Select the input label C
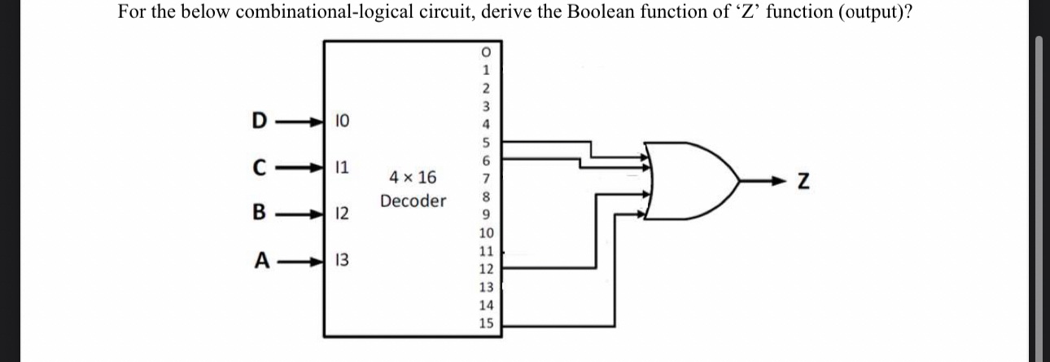click(258, 168)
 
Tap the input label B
click(258, 214)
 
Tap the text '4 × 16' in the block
click(413, 177)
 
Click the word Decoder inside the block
click(413, 201)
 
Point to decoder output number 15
click(486, 324)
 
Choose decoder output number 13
click(486, 287)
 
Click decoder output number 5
click(486, 143)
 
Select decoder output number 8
click(486, 196)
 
